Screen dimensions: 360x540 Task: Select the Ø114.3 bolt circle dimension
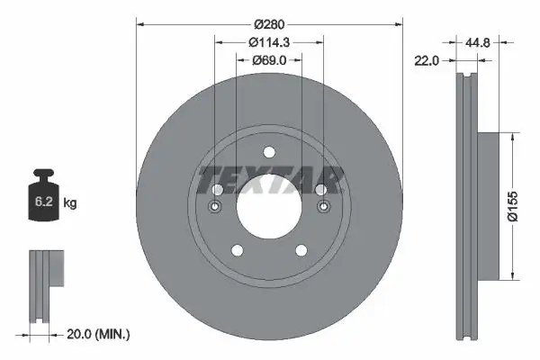click(x=268, y=40)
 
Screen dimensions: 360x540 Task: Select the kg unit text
click(x=70, y=204)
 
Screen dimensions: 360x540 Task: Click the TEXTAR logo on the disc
click(x=269, y=179)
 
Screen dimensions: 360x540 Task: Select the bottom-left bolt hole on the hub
click(x=237, y=249)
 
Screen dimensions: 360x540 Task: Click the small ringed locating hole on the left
click(x=215, y=208)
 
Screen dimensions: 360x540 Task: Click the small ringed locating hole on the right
click(x=321, y=208)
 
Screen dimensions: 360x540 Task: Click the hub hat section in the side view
click(x=486, y=205)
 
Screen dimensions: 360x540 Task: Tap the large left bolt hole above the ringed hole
click(x=217, y=189)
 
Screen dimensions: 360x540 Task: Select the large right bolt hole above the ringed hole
click(x=320, y=189)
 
